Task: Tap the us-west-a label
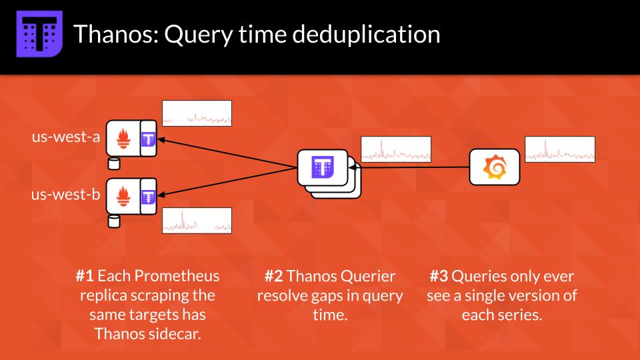(66, 137)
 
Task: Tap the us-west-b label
(66, 195)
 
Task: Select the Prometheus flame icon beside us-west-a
(124, 139)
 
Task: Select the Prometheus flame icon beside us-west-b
(124, 196)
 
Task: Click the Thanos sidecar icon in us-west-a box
(148, 139)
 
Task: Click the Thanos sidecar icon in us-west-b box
(148, 196)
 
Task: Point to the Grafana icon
(494, 167)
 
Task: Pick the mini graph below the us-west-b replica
(197, 221)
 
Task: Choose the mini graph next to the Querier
(396, 149)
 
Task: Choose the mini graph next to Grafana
(560, 149)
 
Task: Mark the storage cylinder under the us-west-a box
(114, 163)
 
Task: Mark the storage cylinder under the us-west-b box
(114, 220)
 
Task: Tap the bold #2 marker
(273, 276)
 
